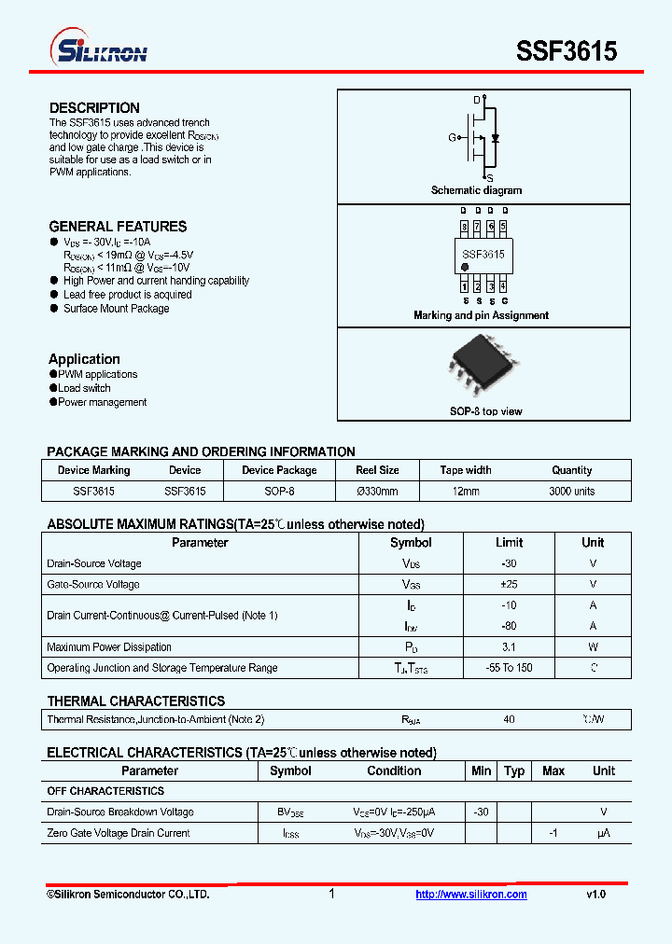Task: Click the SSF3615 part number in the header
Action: pyautogui.click(x=567, y=51)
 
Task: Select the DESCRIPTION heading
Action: pyautogui.click(x=94, y=108)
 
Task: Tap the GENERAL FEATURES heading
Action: pyautogui.click(x=118, y=227)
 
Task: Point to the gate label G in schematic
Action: pyautogui.click(x=452, y=138)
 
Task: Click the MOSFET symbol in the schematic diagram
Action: pyautogui.click(x=482, y=137)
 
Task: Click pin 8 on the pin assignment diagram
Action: pyautogui.click(x=464, y=227)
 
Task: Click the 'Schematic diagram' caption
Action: pyautogui.click(x=476, y=190)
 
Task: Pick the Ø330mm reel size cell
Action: pyautogui.click(x=377, y=492)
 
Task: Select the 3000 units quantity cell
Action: pyautogui.click(x=571, y=492)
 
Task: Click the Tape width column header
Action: pyautogui.click(x=466, y=470)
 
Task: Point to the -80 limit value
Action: pyautogui.click(x=510, y=627)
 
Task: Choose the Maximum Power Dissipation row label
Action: pyautogui.click(x=109, y=647)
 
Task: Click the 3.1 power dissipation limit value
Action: pyautogui.click(x=510, y=647)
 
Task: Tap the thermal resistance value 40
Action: pyautogui.click(x=510, y=719)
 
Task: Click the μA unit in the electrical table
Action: pyautogui.click(x=603, y=833)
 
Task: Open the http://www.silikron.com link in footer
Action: pyautogui.click(x=471, y=895)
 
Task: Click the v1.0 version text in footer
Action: pyautogui.click(x=595, y=895)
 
